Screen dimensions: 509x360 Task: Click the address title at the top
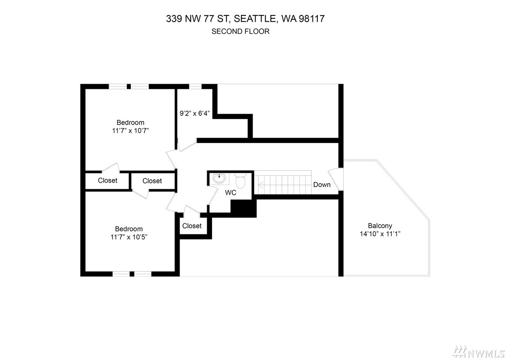click(x=245, y=18)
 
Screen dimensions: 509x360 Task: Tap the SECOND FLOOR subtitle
click(x=240, y=31)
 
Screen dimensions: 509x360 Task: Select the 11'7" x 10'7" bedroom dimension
click(x=130, y=130)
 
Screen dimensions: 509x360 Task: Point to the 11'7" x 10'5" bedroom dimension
click(x=129, y=237)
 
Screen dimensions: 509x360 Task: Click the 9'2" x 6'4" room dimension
click(x=195, y=114)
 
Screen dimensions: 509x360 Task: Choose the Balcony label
click(x=380, y=226)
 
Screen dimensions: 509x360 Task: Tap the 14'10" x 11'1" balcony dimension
click(x=380, y=233)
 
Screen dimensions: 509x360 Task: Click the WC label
click(x=230, y=193)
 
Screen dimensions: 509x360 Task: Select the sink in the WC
click(x=219, y=178)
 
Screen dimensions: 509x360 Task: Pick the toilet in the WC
click(x=240, y=181)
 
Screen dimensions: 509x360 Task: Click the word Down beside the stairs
click(x=322, y=185)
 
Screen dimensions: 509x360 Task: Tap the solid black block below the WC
click(x=243, y=208)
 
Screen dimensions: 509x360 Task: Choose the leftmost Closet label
click(x=107, y=180)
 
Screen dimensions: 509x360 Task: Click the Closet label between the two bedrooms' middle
click(x=152, y=181)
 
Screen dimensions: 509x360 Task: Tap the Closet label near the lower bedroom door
click(x=192, y=226)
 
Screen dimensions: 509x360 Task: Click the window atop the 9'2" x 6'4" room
click(x=195, y=86)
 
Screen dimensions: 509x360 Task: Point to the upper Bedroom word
click(x=130, y=122)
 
